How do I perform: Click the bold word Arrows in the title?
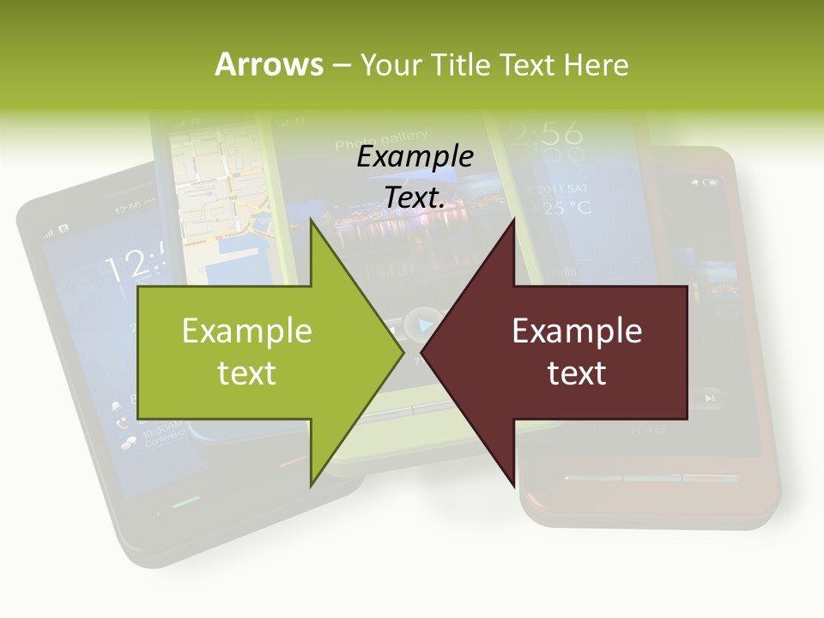[x=269, y=64]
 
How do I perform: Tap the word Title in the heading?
[x=457, y=65]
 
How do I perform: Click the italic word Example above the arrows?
[x=415, y=157]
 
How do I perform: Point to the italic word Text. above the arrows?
[x=415, y=197]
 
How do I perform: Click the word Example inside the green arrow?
[x=246, y=330]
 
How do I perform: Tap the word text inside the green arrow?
[x=246, y=373]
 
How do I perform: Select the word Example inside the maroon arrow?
[x=577, y=330]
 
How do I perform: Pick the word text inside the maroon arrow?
[x=577, y=373]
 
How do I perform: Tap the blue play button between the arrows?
[x=422, y=325]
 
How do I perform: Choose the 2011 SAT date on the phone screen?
[x=564, y=188]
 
